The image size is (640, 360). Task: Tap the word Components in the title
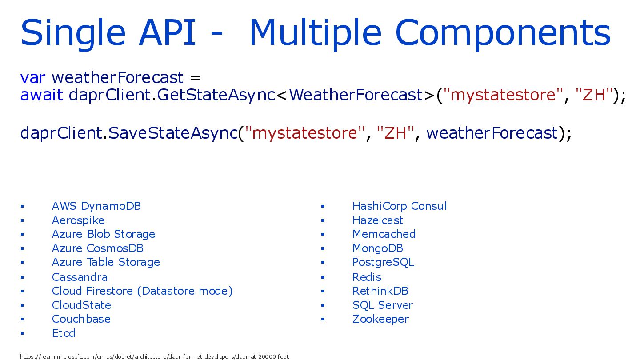(503, 32)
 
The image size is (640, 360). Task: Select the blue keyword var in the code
(32, 78)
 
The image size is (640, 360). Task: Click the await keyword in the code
(41, 95)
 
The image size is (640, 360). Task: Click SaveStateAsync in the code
(173, 133)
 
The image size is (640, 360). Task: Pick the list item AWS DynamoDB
(96, 206)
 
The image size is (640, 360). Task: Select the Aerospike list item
(78, 221)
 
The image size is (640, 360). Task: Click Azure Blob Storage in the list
(104, 234)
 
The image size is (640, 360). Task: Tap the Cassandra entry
(80, 277)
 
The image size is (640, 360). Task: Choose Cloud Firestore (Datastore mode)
(142, 291)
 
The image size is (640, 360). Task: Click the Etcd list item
(64, 333)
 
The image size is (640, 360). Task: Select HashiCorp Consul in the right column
(400, 206)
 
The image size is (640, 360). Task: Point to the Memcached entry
(384, 234)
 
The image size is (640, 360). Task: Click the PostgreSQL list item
(383, 263)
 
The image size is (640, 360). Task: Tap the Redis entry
(367, 277)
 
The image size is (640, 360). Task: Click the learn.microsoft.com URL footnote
(154, 356)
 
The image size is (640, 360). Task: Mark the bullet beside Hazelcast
(323, 220)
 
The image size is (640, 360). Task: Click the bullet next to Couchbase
(22, 319)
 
